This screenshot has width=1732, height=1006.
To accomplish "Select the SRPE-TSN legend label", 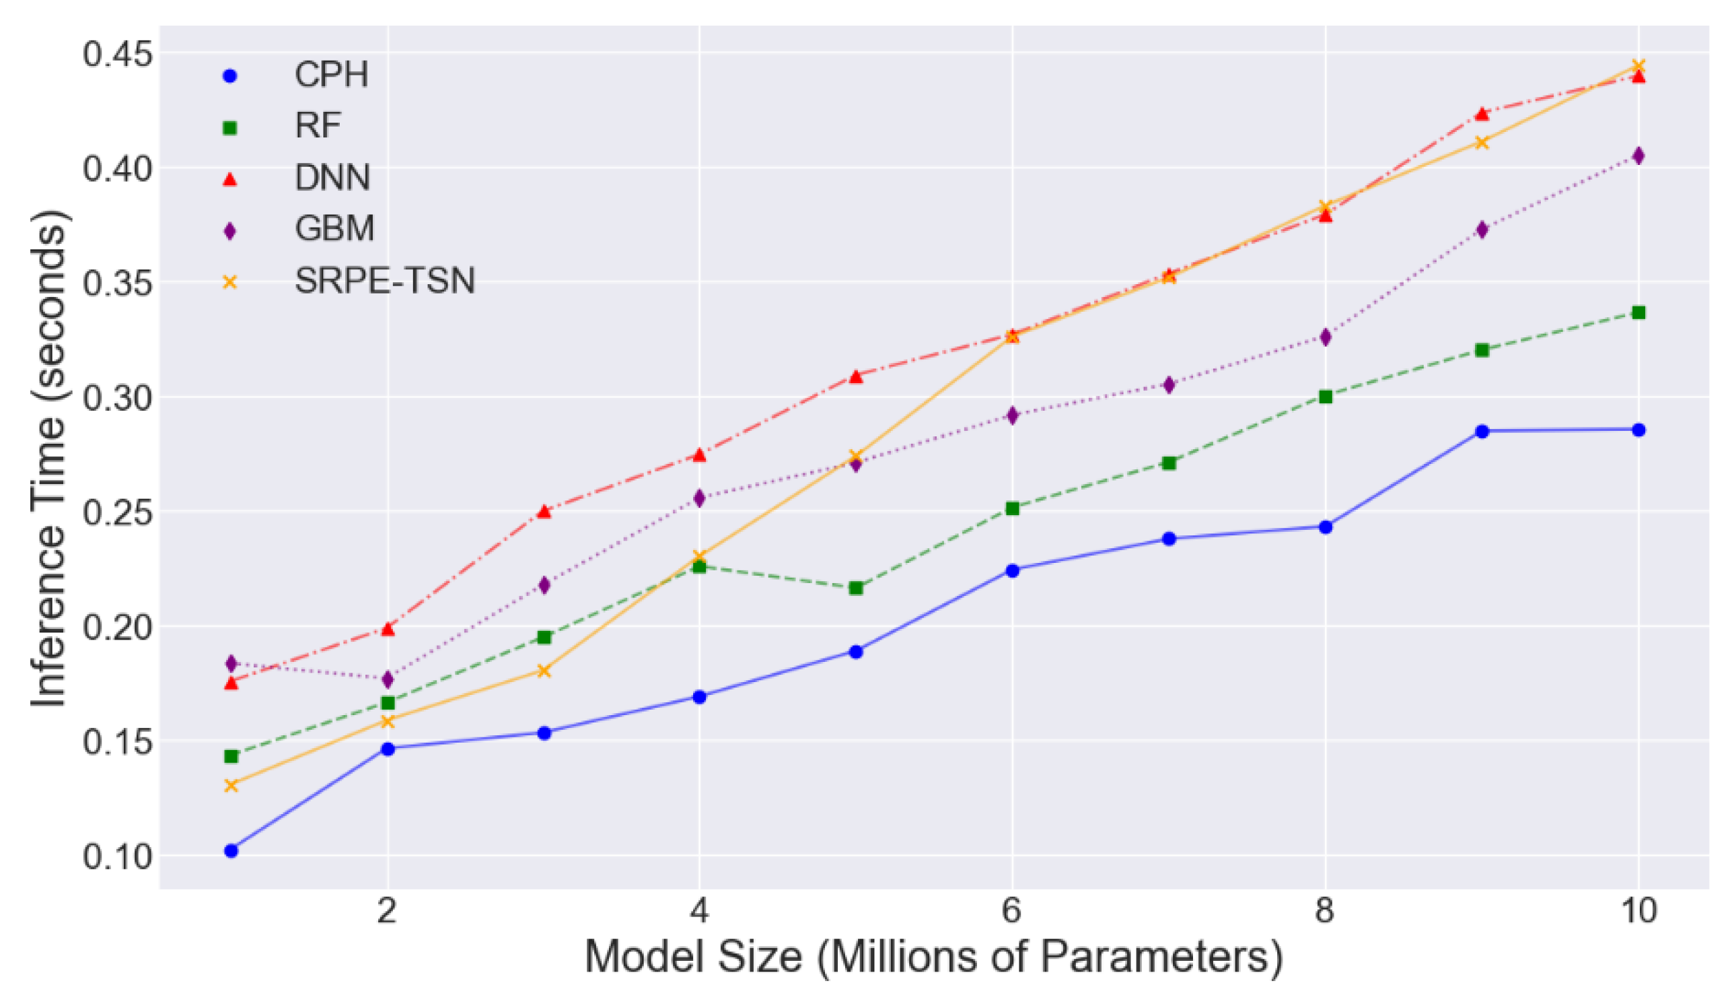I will tap(384, 281).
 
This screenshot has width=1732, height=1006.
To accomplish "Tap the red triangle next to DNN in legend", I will tap(230, 179).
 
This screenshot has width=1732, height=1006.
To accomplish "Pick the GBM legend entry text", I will tap(334, 228).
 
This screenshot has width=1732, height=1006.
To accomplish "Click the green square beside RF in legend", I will tap(230, 128).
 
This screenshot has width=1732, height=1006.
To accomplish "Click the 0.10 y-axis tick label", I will tap(117, 857).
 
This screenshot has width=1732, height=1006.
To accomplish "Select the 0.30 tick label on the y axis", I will tap(117, 397).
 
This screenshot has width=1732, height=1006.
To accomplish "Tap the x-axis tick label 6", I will tap(1011, 912).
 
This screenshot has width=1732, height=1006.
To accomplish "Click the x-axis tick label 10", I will tap(1638, 912).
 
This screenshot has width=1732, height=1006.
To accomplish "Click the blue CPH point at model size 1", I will tap(231, 851).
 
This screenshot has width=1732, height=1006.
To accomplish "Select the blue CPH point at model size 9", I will tap(1482, 432).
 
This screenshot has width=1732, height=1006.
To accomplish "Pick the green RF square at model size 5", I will tap(856, 588).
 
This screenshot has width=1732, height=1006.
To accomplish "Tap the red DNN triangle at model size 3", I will tap(544, 511).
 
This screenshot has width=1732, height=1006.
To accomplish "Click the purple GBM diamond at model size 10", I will tap(1638, 156).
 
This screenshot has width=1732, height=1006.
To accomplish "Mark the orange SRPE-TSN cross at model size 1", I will tap(231, 785).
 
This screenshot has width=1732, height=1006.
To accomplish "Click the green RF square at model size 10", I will tap(1638, 313).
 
